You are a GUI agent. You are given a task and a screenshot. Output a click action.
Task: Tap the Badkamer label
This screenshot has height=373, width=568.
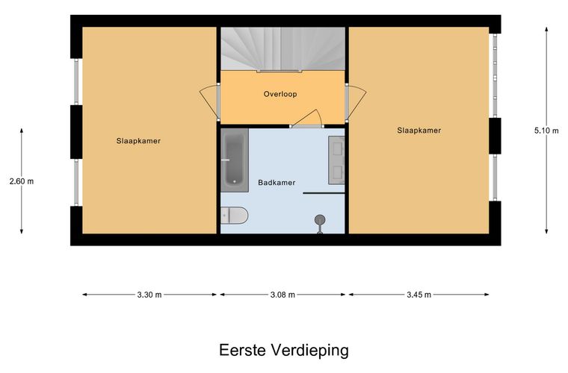pos(277,181)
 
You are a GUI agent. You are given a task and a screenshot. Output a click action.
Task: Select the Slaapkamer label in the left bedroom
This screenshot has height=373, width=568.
pos(139,140)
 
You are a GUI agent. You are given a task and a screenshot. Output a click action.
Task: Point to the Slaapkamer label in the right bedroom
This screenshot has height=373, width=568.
pos(419,130)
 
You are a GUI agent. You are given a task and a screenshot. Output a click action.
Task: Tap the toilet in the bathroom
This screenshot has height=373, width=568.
pos(235,216)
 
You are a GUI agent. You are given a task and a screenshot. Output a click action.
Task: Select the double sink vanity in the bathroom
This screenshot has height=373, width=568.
pos(336,160)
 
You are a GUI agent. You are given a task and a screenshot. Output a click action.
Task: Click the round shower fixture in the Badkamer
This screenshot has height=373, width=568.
pos(320,220)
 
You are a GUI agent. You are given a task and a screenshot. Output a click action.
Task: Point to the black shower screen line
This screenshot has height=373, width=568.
pos(324,193)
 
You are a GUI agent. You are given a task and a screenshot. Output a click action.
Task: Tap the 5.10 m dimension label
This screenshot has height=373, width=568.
pos(546,130)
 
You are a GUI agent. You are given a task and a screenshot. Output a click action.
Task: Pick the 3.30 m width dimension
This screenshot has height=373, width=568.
pos(149,295)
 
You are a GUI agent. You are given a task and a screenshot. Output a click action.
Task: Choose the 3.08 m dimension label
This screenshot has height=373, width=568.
pos(283,295)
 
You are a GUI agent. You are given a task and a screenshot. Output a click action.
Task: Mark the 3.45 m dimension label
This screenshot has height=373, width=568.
pos(419,295)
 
